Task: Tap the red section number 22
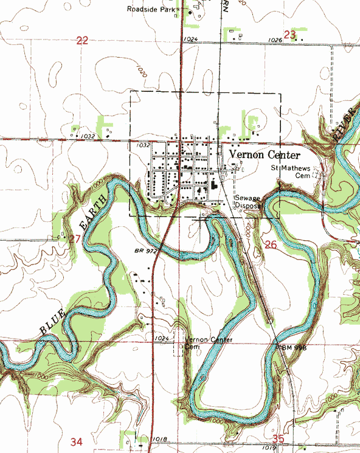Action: point(83,40)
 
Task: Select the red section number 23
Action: point(289,35)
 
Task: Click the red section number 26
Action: point(271,244)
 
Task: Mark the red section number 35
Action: point(279,438)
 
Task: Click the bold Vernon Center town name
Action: point(265,155)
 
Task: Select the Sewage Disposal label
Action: point(247,202)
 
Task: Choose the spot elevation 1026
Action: point(275,40)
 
